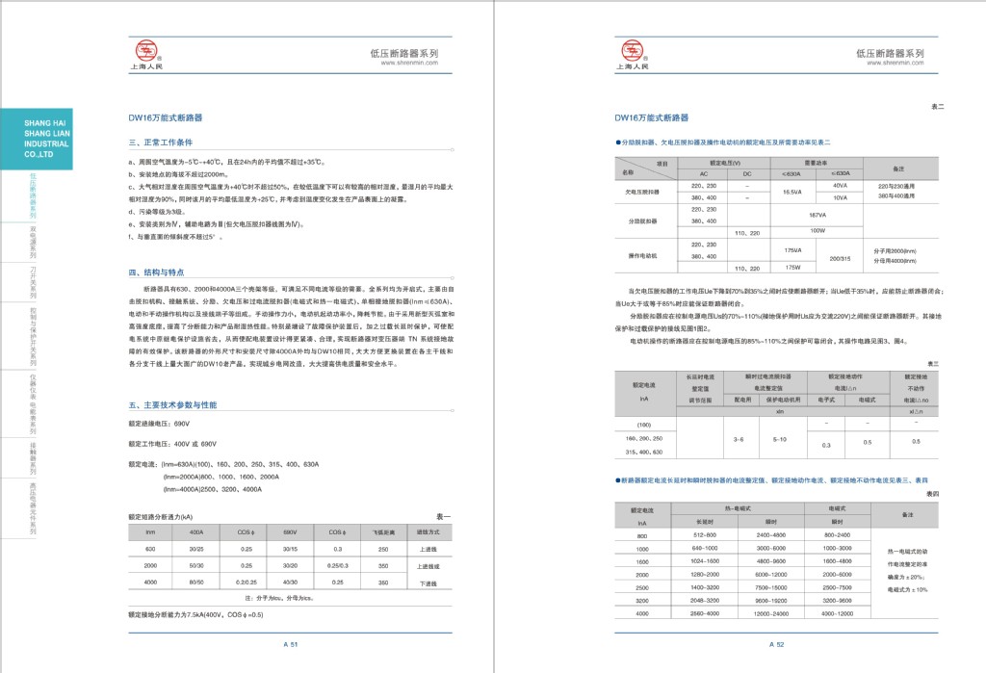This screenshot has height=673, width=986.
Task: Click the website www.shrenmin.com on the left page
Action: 412,64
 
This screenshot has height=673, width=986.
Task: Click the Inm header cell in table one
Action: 150,531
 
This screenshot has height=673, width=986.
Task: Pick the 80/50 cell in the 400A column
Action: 196,582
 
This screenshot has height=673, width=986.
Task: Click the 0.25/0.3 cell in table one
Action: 337,565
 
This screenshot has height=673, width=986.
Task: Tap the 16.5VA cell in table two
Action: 791,192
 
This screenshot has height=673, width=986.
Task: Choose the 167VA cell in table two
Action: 818,215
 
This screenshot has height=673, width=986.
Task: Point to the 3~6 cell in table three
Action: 739,438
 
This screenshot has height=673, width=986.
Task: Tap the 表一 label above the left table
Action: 443,517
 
